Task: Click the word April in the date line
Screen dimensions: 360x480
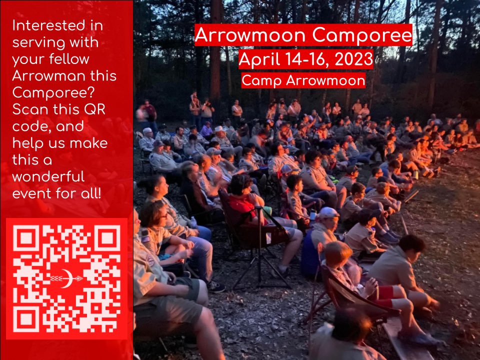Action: point(257,59)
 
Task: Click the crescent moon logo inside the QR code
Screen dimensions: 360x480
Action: point(66,279)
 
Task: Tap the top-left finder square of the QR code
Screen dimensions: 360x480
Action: point(26,238)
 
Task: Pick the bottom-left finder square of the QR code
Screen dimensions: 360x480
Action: point(26,318)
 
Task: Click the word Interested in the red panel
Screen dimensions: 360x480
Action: point(47,25)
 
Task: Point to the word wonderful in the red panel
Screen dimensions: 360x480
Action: point(49,177)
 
